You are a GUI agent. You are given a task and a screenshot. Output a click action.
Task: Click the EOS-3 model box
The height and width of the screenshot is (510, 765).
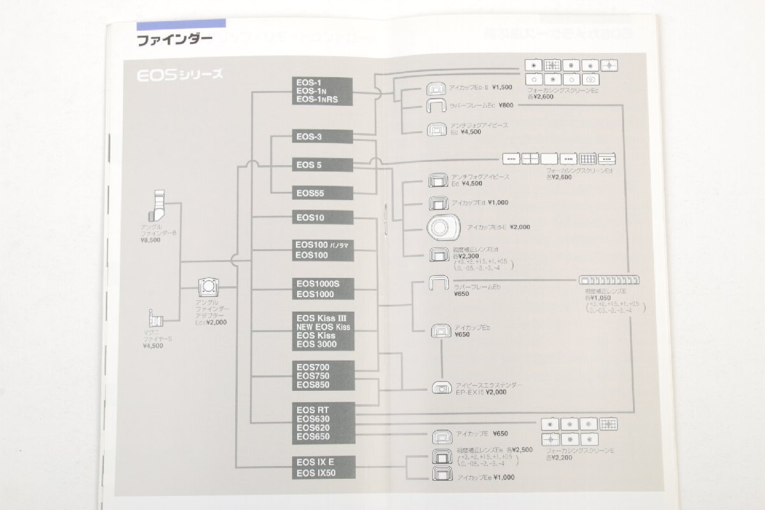tap(323, 136)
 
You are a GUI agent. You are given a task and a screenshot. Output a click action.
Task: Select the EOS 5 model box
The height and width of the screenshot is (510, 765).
tap(323, 164)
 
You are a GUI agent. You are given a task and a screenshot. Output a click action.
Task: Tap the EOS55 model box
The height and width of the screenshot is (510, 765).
tap(323, 193)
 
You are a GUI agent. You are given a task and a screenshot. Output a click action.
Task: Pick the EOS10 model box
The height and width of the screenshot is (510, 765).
tap(323, 217)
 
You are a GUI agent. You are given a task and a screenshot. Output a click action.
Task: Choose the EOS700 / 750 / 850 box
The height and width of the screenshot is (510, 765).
tap(323, 375)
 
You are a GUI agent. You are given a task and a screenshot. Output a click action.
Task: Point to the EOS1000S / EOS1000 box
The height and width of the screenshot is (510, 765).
tap(323, 288)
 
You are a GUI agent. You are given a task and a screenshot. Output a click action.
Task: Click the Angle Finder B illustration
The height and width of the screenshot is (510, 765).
tap(156, 207)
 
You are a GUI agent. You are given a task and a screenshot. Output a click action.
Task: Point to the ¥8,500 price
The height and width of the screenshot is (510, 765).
tap(150, 240)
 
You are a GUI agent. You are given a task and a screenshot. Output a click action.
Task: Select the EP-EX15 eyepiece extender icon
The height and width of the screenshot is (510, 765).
tap(441, 387)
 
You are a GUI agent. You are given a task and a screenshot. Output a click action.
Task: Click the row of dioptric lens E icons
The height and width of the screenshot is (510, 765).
tap(609, 280)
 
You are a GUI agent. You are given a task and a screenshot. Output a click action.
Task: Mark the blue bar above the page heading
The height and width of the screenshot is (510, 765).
tap(181, 24)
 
